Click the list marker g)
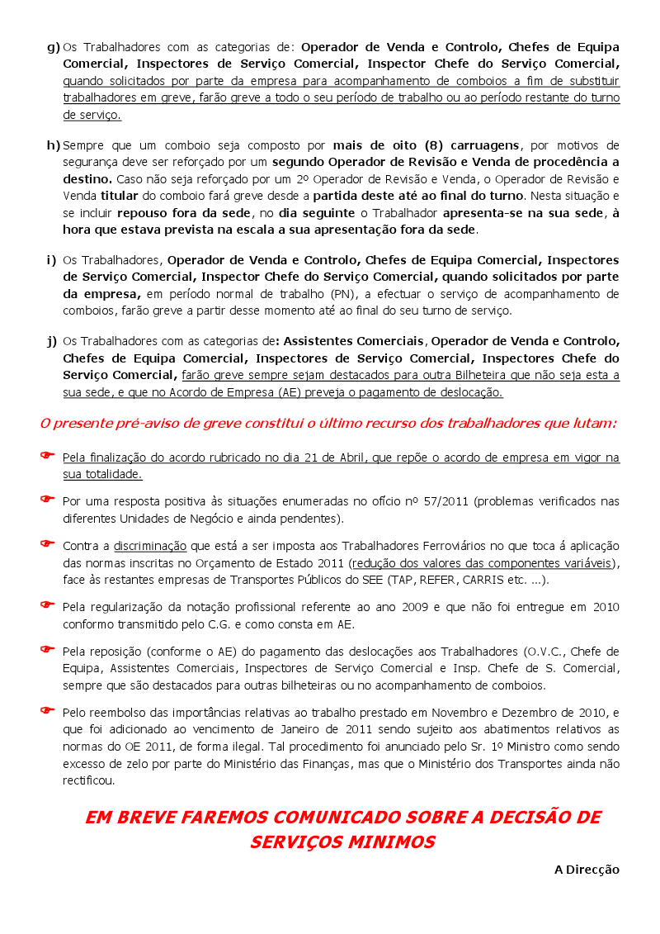coord(54,46)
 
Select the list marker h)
coord(54,145)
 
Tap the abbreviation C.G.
coord(236,624)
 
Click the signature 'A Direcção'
coord(586,869)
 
